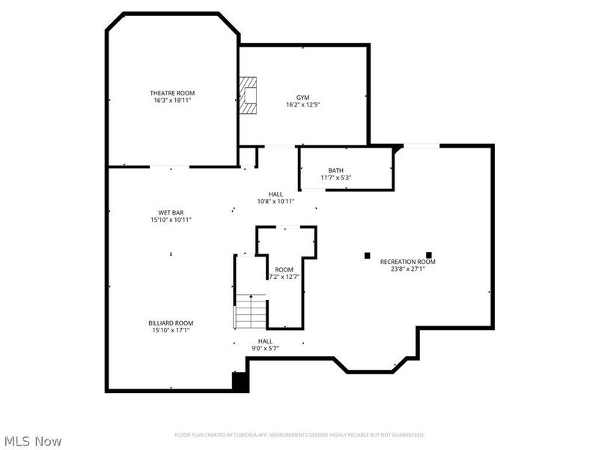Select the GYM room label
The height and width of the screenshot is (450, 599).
[302, 97]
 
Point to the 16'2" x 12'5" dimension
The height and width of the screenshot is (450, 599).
[302, 105]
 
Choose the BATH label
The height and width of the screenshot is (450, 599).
[335, 170]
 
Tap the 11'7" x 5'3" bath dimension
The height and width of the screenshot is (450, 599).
[336, 178]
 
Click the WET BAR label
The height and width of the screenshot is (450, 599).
[171, 212]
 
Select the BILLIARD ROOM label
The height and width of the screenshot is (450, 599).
[171, 322]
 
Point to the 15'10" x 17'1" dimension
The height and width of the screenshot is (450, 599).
[171, 330]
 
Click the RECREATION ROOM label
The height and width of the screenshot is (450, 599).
[407, 262]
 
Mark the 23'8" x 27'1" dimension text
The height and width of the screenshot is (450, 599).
[407, 268]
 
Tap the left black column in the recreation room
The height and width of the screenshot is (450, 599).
[367, 255]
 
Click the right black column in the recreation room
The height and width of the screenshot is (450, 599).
[429, 254]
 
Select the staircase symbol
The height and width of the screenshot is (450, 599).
[251, 311]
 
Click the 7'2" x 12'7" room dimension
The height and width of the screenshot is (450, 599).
[284, 277]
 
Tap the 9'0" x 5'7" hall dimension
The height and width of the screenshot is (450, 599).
[265, 348]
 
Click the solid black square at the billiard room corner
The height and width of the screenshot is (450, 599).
[240, 382]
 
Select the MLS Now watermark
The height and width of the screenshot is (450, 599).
[32, 441]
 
